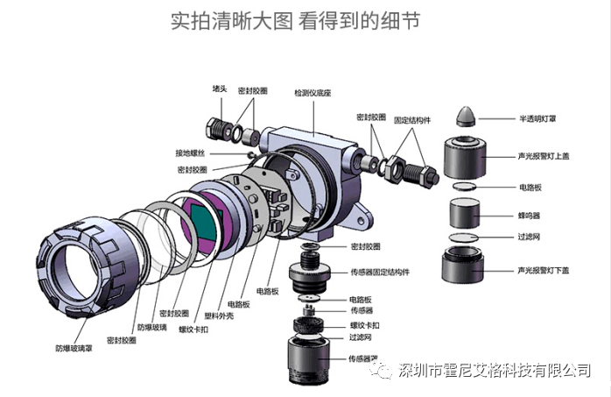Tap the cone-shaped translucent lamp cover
coord(470,117)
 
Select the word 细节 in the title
coord(399,20)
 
